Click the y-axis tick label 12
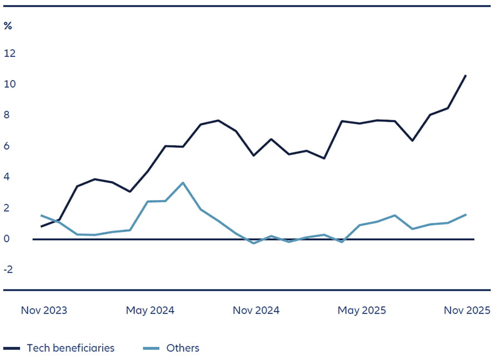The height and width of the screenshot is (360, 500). click(x=9, y=53)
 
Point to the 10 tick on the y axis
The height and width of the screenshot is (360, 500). click(x=9, y=84)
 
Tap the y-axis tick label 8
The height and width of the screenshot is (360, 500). click(x=8, y=116)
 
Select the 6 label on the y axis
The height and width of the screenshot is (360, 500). click(x=8, y=146)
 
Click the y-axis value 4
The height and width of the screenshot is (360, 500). click(x=8, y=177)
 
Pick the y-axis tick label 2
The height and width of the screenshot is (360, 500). click(x=8, y=208)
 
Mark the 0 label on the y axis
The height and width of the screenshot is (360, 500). click(x=8, y=239)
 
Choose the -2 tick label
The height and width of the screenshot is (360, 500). click(x=9, y=270)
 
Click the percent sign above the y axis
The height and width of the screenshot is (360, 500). click(x=8, y=26)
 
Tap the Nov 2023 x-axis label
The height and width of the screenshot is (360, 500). click(x=44, y=311)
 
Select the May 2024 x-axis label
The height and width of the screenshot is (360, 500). click(x=150, y=311)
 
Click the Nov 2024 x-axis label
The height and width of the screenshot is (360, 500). click(x=256, y=311)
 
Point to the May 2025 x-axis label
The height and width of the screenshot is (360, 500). click(x=362, y=311)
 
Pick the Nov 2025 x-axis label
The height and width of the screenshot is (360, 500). click(x=467, y=311)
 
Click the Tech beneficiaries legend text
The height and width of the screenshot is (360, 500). click(x=71, y=348)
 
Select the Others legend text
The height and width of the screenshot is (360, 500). click(x=183, y=348)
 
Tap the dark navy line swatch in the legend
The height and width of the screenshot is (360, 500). click(x=12, y=348)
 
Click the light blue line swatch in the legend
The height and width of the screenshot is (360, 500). click(x=151, y=348)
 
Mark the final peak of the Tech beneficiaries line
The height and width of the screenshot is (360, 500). click(x=466, y=75)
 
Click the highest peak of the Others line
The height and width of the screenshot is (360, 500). click(x=183, y=183)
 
